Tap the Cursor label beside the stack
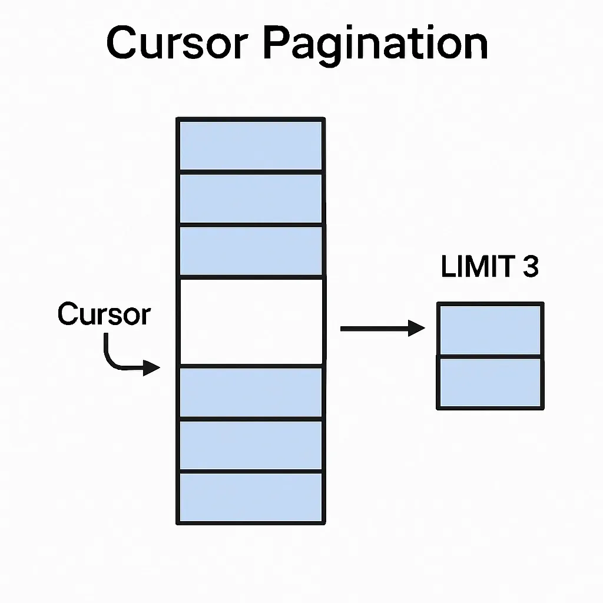[x=104, y=314]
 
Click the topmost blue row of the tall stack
[x=250, y=145]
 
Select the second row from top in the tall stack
[x=250, y=198]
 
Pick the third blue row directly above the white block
[x=250, y=250]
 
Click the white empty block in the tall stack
[x=250, y=321]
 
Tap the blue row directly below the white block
[x=250, y=392]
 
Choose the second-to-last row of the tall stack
[x=250, y=445]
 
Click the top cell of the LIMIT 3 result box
[x=490, y=329]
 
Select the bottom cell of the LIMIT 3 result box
[x=490, y=382]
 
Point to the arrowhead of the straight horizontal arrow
[x=418, y=329]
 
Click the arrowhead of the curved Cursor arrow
[x=153, y=369]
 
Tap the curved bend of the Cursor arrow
[x=110, y=361]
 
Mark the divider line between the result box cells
[x=490, y=356]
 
